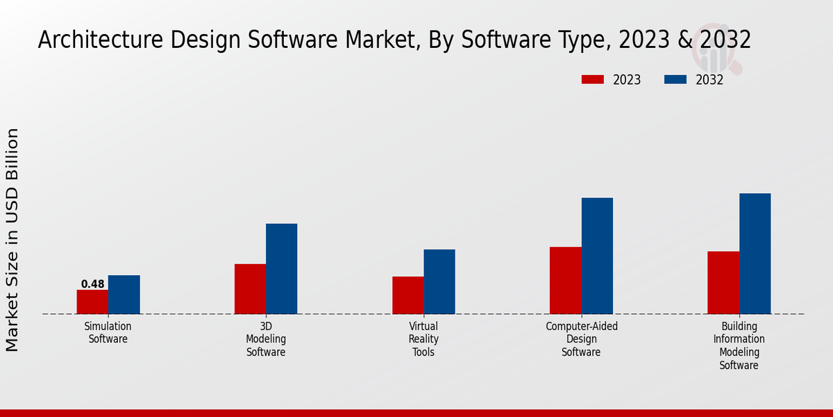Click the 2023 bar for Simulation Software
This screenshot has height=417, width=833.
(x=92, y=302)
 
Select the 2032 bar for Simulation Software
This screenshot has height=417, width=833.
(x=124, y=295)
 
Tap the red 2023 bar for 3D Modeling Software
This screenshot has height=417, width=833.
(x=250, y=289)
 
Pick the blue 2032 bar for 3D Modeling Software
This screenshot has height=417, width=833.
(x=281, y=269)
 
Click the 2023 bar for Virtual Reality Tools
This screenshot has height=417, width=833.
(x=407, y=295)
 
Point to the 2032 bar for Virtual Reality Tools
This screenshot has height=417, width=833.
(x=439, y=281)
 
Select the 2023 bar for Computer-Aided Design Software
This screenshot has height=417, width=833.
(x=565, y=280)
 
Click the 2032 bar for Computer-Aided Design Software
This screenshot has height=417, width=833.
(x=597, y=256)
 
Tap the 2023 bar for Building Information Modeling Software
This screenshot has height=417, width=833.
(x=723, y=282)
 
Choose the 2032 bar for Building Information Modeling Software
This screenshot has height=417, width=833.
(x=755, y=254)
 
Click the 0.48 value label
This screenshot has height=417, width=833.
(x=92, y=284)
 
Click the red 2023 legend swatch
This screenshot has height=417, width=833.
(x=592, y=80)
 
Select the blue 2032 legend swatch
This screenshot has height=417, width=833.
(x=675, y=80)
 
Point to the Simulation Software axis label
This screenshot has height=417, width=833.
(x=108, y=333)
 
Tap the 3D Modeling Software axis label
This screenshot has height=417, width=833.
(x=266, y=339)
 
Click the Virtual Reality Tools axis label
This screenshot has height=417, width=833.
(x=423, y=339)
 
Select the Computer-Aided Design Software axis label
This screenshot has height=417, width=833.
(x=581, y=339)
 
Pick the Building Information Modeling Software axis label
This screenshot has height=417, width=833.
(x=739, y=345)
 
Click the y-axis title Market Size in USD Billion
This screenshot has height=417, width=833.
(x=12, y=240)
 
